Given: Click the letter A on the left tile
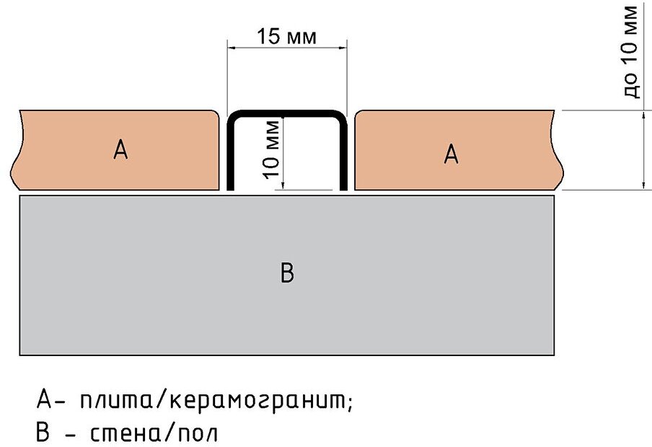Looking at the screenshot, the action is [120, 150].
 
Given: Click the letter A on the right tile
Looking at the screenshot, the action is [451, 153].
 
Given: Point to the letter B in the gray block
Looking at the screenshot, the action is [287, 274].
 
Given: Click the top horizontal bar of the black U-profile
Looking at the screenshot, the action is [287, 113].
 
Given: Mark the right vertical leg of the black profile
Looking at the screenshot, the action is [344, 155].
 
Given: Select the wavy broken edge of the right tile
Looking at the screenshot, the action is [558, 152].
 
